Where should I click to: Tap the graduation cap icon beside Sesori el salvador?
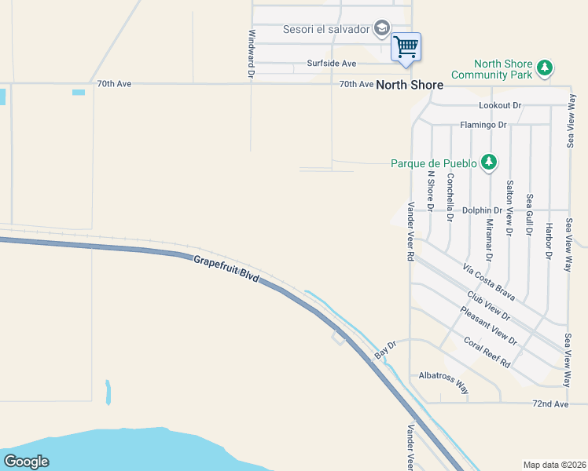point(382,29)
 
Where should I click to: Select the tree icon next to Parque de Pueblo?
point(489,162)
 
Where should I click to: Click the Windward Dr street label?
point(252,53)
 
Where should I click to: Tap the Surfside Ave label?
point(332,64)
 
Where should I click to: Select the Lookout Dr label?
point(500,105)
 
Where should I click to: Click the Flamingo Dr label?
point(483,125)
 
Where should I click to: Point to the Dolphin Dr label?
point(482,210)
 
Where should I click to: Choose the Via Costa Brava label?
point(488,283)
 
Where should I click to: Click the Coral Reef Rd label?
point(487,352)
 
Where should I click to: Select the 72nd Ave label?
point(549,403)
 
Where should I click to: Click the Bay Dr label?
point(384,350)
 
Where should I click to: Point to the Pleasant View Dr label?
point(488,326)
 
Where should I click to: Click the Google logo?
point(26,462)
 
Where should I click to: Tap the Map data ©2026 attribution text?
point(554,465)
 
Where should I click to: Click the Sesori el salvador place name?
point(326,29)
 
